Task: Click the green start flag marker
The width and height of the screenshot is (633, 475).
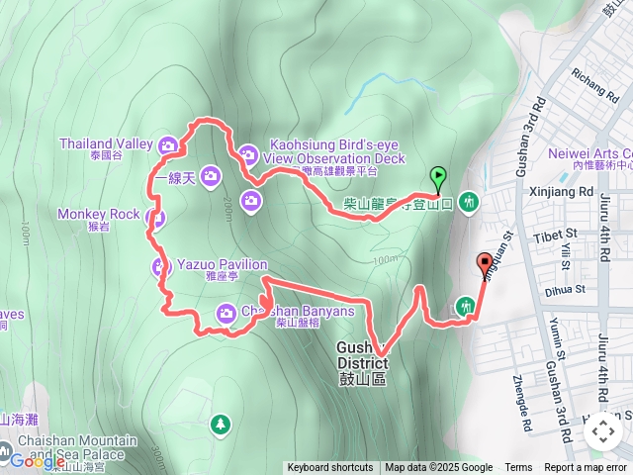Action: tap(438, 177)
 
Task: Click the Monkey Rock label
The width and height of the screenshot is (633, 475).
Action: tap(98, 214)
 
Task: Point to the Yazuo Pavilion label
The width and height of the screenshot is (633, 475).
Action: tap(222, 265)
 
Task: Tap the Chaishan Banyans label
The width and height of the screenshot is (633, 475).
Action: tap(297, 312)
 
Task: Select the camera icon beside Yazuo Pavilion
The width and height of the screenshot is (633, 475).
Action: tap(161, 266)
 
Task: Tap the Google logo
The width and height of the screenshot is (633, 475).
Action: tap(38, 460)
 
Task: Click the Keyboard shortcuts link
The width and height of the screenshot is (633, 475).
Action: tap(330, 468)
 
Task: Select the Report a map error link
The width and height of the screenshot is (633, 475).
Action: tap(586, 468)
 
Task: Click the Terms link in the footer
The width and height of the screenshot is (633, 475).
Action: tap(518, 468)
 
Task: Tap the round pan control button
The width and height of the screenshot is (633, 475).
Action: tap(602, 431)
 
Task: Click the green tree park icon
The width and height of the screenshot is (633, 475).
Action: tap(219, 425)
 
